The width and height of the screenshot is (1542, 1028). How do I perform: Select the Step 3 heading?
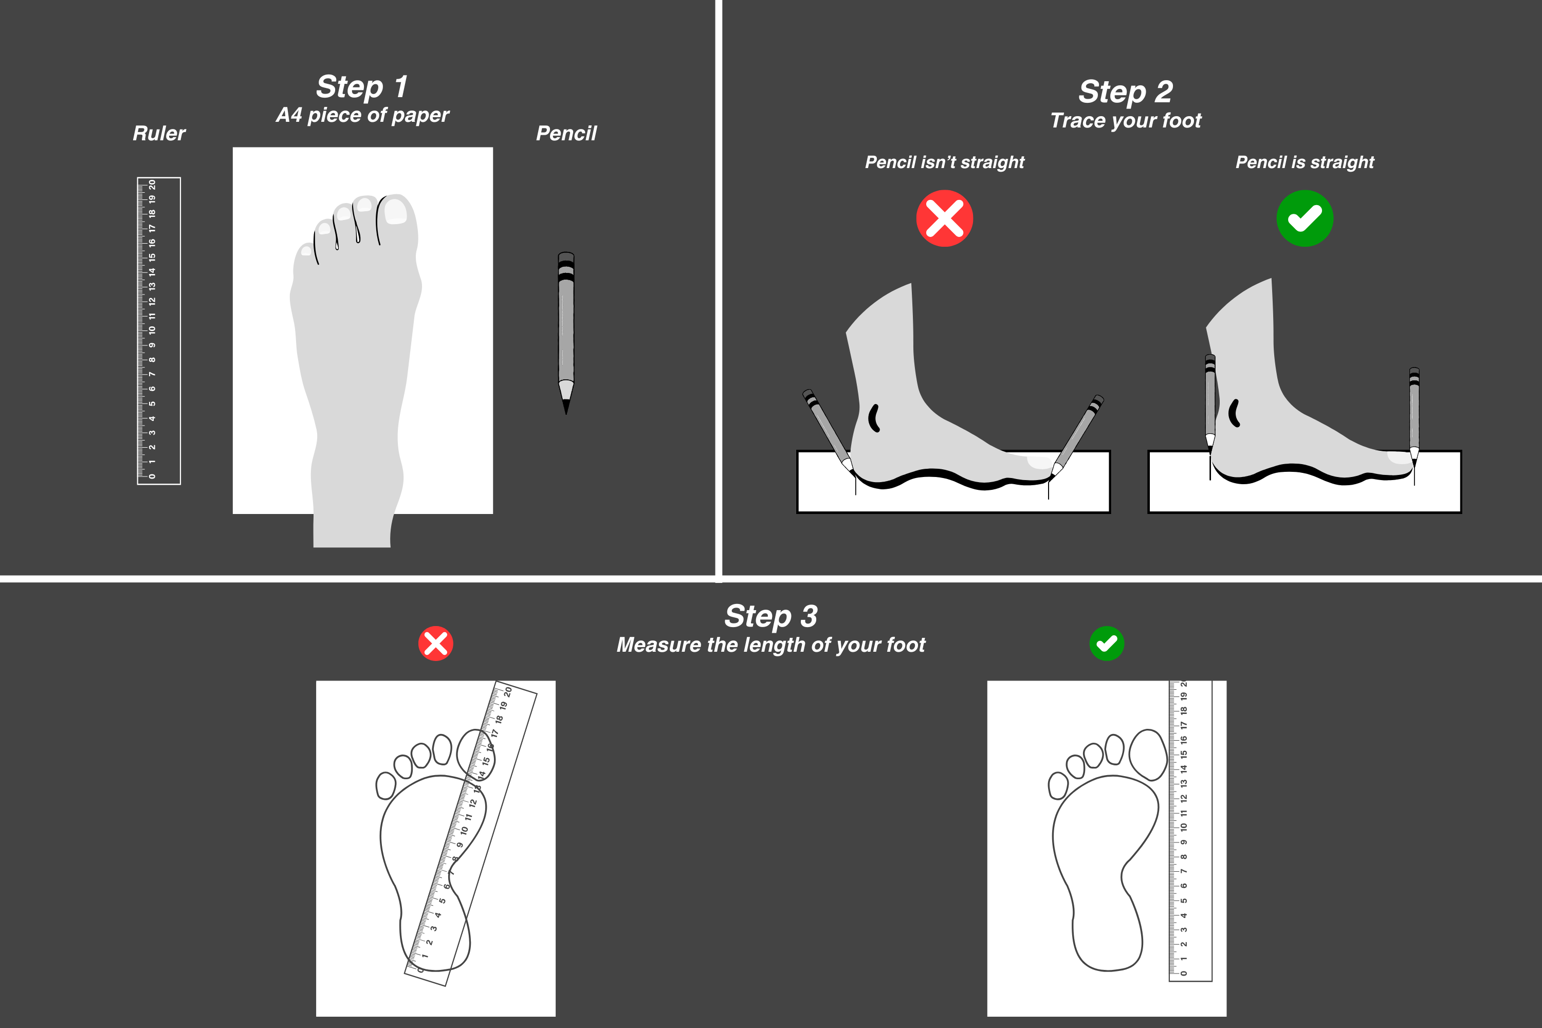click(771, 616)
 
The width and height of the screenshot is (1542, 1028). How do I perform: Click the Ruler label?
click(159, 134)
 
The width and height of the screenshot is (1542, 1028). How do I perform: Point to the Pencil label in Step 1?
click(566, 134)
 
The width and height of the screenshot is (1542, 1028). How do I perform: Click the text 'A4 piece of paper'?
click(362, 115)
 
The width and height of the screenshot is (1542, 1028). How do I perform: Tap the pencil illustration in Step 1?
click(566, 333)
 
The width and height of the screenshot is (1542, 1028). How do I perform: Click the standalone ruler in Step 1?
click(159, 331)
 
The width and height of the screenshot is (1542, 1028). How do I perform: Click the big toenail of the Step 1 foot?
click(395, 211)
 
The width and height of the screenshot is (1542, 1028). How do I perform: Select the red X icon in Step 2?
click(945, 218)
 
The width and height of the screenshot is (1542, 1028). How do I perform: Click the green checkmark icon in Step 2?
click(1305, 218)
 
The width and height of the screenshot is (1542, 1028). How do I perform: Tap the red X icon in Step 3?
click(436, 644)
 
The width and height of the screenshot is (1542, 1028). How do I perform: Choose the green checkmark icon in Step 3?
click(1107, 644)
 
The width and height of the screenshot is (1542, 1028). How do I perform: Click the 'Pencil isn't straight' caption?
click(945, 162)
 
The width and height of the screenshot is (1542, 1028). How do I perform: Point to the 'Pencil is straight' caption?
click(1305, 162)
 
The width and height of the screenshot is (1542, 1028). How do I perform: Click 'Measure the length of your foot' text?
click(771, 645)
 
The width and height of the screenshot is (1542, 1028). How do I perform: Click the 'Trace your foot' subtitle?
click(1126, 121)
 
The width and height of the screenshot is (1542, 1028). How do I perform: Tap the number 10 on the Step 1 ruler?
click(152, 331)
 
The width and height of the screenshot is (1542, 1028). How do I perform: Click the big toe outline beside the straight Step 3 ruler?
click(1148, 755)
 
